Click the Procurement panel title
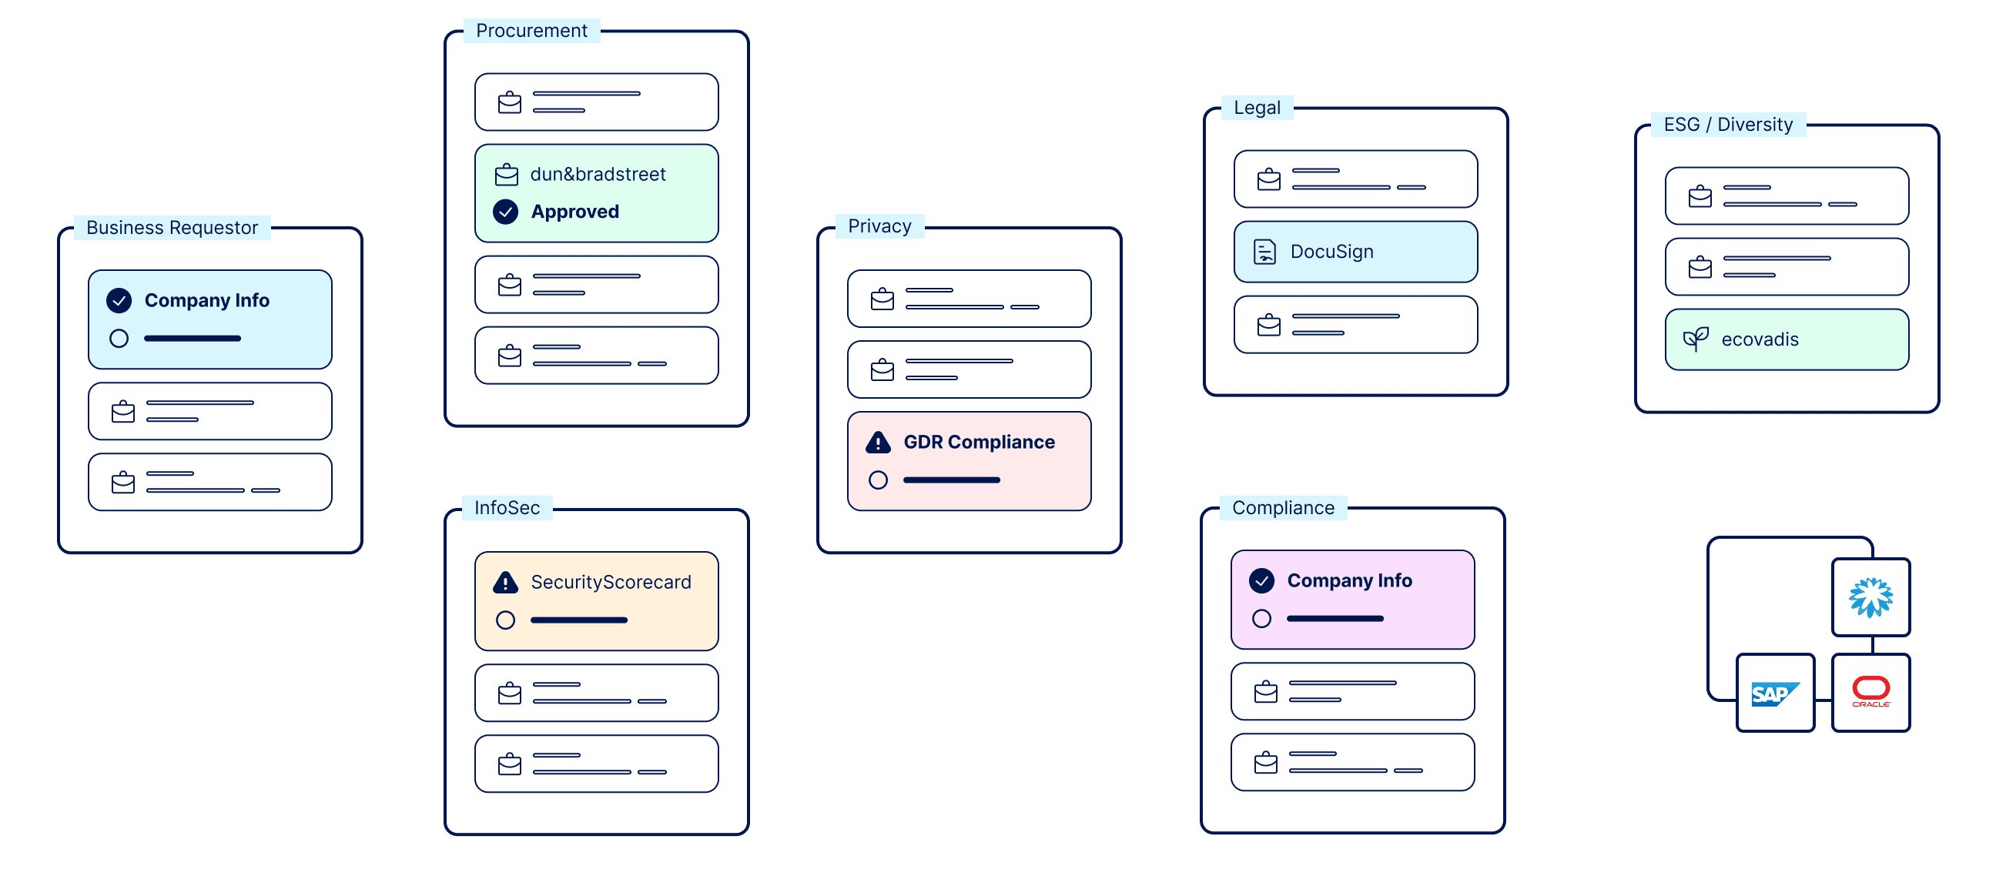coord(531,31)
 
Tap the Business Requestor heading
coord(172,228)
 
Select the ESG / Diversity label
coord(1728,125)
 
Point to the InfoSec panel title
coord(507,508)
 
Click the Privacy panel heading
coord(879,226)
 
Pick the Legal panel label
coord(1257,108)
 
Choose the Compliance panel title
coord(1283,508)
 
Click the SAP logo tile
coord(1775,694)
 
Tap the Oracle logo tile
coord(1870,694)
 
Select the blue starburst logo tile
coord(1870,597)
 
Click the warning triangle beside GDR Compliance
coord(878,443)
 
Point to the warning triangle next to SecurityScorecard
coord(505,583)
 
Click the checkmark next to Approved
coord(506,212)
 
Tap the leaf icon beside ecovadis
coord(1696,339)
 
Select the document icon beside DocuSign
coord(1264,252)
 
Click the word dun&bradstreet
coord(598,174)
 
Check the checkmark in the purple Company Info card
coord(1261,581)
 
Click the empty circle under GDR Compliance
coord(878,480)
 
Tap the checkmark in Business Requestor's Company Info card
coord(119,300)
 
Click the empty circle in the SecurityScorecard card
coord(505,620)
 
